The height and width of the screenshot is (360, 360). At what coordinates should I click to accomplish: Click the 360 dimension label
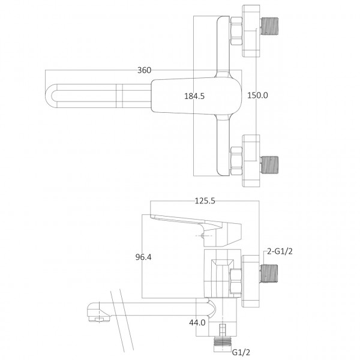click(x=144, y=70)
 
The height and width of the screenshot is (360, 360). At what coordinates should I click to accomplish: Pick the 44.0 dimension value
click(x=198, y=322)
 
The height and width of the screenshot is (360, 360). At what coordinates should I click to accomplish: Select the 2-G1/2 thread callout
click(x=280, y=253)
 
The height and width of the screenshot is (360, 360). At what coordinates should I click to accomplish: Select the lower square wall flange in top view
click(x=250, y=159)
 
